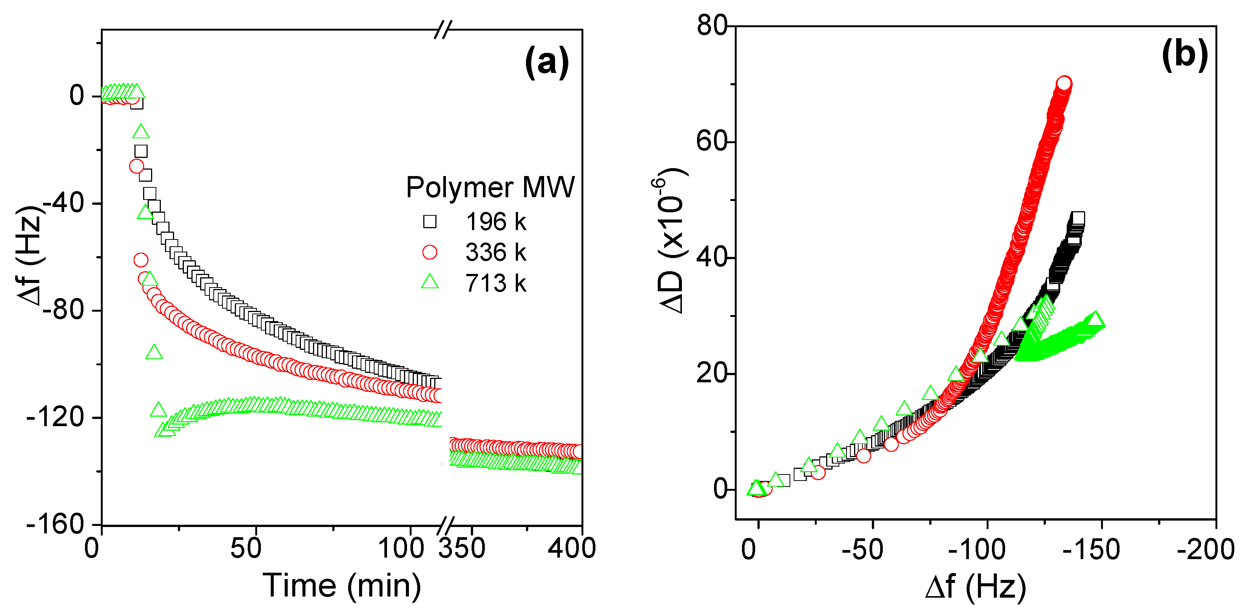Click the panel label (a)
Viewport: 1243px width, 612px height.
pyautogui.click(x=546, y=62)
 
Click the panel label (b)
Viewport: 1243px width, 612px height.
pyautogui.click(x=1184, y=54)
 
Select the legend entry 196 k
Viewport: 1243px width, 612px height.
pyautogui.click(x=495, y=222)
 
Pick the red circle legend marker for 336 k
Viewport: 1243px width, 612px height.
pyautogui.click(x=429, y=252)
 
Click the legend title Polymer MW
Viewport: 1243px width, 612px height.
pyautogui.click(x=490, y=187)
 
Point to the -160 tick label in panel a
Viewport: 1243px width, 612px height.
pyautogui.click(x=56, y=524)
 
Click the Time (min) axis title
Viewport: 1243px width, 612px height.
pyautogui.click(x=342, y=586)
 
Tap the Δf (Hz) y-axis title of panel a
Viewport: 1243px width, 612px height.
pyautogui.click(x=30, y=256)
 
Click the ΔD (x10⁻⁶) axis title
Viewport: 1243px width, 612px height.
pyautogui.click(x=672, y=241)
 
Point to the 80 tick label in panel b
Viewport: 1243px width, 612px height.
pyautogui.click(x=712, y=25)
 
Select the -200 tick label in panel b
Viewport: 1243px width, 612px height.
pyautogui.click(x=1205, y=550)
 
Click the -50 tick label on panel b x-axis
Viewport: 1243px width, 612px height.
pyautogui.click(x=862, y=550)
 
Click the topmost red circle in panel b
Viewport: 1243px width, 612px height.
pyautogui.click(x=1064, y=84)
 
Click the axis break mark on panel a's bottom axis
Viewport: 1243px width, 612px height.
pyautogui.click(x=446, y=525)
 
